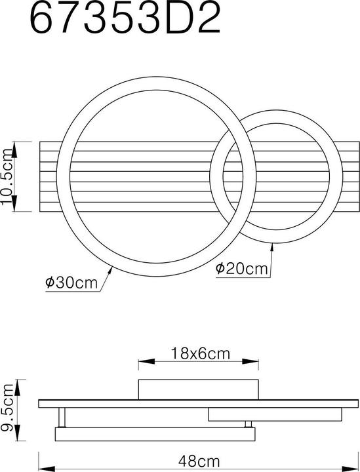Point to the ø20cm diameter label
tap(242, 268)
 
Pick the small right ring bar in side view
tap(275, 415)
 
